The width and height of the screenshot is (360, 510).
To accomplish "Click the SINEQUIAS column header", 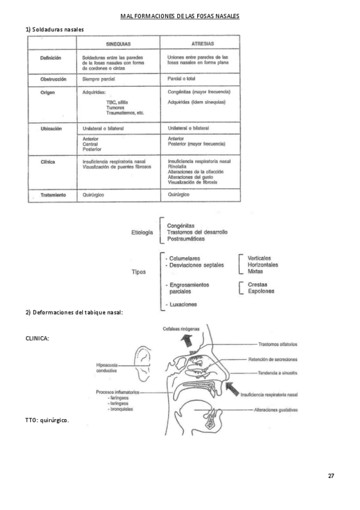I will (x=118, y=44).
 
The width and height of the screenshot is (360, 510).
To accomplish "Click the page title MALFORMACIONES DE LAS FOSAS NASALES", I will (x=180, y=16).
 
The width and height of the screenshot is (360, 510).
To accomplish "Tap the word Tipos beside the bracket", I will (x=139, y=272).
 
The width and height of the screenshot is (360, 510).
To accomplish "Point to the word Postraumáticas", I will (x=186, y=239).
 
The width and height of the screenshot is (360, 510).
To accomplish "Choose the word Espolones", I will (x=261, y=291).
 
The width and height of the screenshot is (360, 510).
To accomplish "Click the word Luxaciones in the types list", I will (x=183, y=305).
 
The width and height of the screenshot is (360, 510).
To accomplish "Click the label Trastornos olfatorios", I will (x=278, y=344).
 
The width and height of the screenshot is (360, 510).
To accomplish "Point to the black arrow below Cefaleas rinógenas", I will (x=188, y=340).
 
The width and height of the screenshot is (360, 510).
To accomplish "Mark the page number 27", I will (x=331, y=476).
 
